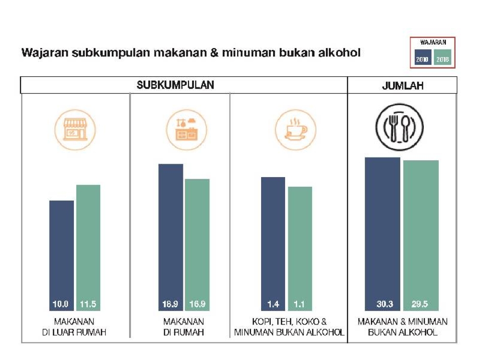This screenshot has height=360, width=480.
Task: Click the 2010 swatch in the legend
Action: (x=422, y=59)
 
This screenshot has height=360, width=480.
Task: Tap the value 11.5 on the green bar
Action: (x=88, y=304)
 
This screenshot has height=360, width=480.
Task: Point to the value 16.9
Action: (x=197, y=304)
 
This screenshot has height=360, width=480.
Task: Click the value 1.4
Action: (x=273, y=304)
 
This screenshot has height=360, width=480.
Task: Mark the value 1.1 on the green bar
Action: (x=300, y=304)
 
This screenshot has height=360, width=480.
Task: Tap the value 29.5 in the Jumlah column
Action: (x=420, y=304)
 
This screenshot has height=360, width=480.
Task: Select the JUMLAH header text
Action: (x=402, y=86)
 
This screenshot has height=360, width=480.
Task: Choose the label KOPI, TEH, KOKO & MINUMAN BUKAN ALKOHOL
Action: (x=289, y=326)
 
